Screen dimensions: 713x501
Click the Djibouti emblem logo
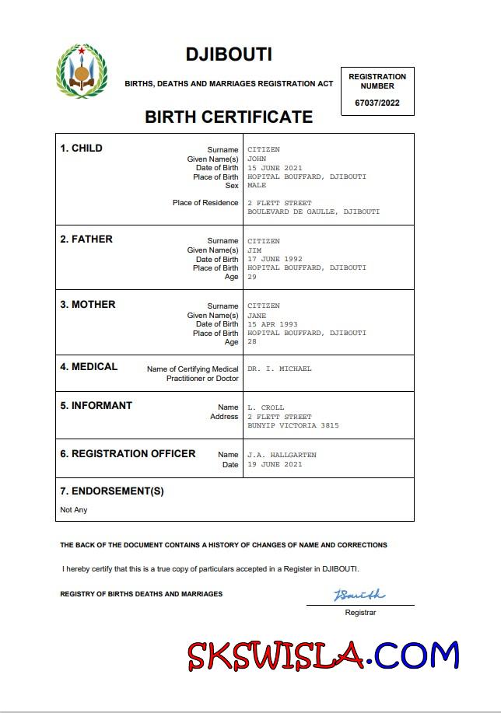pos(81,72)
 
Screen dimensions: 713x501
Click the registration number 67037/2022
pos(377,103)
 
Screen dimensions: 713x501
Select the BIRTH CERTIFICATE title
pos(229,117)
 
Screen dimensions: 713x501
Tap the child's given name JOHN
pos(257,159)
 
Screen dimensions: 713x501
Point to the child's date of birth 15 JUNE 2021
pos(275,168)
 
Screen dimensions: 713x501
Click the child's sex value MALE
pos(257,186)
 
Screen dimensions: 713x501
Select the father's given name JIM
pos(254,250)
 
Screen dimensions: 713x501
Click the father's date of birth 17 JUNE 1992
pos(275,260)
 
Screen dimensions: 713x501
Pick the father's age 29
pos(251,277)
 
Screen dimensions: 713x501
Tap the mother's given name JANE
pos(257,316)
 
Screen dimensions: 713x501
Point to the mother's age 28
pos(251,342)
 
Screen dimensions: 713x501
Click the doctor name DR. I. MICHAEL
pos(279,369)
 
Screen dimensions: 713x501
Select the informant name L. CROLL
pos(265,407)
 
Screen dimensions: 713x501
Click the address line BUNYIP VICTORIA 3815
pos(293,426)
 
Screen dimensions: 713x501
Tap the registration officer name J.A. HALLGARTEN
pos(282,455)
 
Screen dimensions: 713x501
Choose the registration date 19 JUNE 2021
pos(275,464)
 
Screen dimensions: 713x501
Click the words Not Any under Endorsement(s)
pos(74,510)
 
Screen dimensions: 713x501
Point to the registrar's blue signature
pos(359,596)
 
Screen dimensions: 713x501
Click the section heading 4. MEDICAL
pos(89,367)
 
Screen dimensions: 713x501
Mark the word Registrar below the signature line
pos(360,613)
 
